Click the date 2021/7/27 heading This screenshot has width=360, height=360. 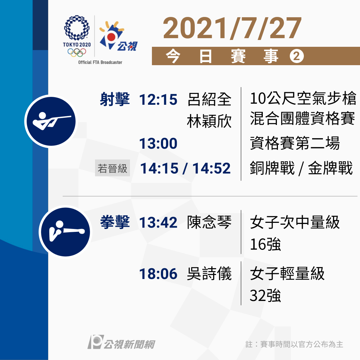coord(232,28)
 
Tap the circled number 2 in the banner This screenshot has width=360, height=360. coord(297,56)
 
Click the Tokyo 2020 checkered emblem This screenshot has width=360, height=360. coord(77,28)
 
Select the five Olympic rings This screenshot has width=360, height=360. coord(77,52)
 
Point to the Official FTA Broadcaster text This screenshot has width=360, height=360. coord(100,62)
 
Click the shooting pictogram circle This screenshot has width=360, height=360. coord(51,121)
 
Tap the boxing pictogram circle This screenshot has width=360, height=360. coord(66,232)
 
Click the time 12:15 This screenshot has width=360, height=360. coord(158,100)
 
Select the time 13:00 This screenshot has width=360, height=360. coord(158,144)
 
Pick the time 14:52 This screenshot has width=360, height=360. coord(211,168)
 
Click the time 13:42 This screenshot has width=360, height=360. coord(158,222)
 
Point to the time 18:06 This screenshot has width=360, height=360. coord(158,274)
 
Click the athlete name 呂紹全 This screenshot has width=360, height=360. coord(209,99)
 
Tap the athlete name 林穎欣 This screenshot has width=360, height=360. coord(209,121)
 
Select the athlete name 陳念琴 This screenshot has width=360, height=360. coord(209,222)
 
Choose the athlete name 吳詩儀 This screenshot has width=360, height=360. coord(209,274)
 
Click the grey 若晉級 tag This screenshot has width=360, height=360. coord(112,168)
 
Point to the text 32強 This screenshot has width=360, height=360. coord(265,296)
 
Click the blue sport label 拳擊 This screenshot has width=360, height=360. coord(115,222)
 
